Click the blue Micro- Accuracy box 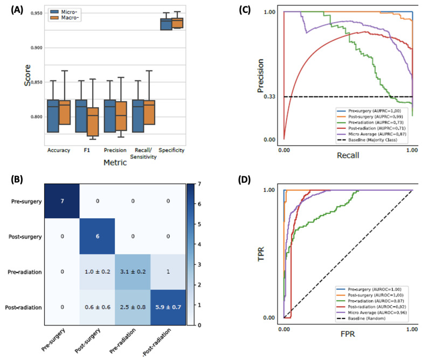[53, 115]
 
